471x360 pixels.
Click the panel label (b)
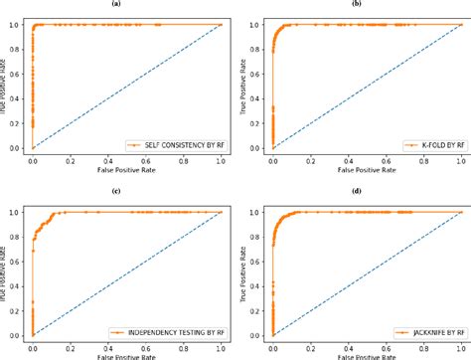pos(355,4)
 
